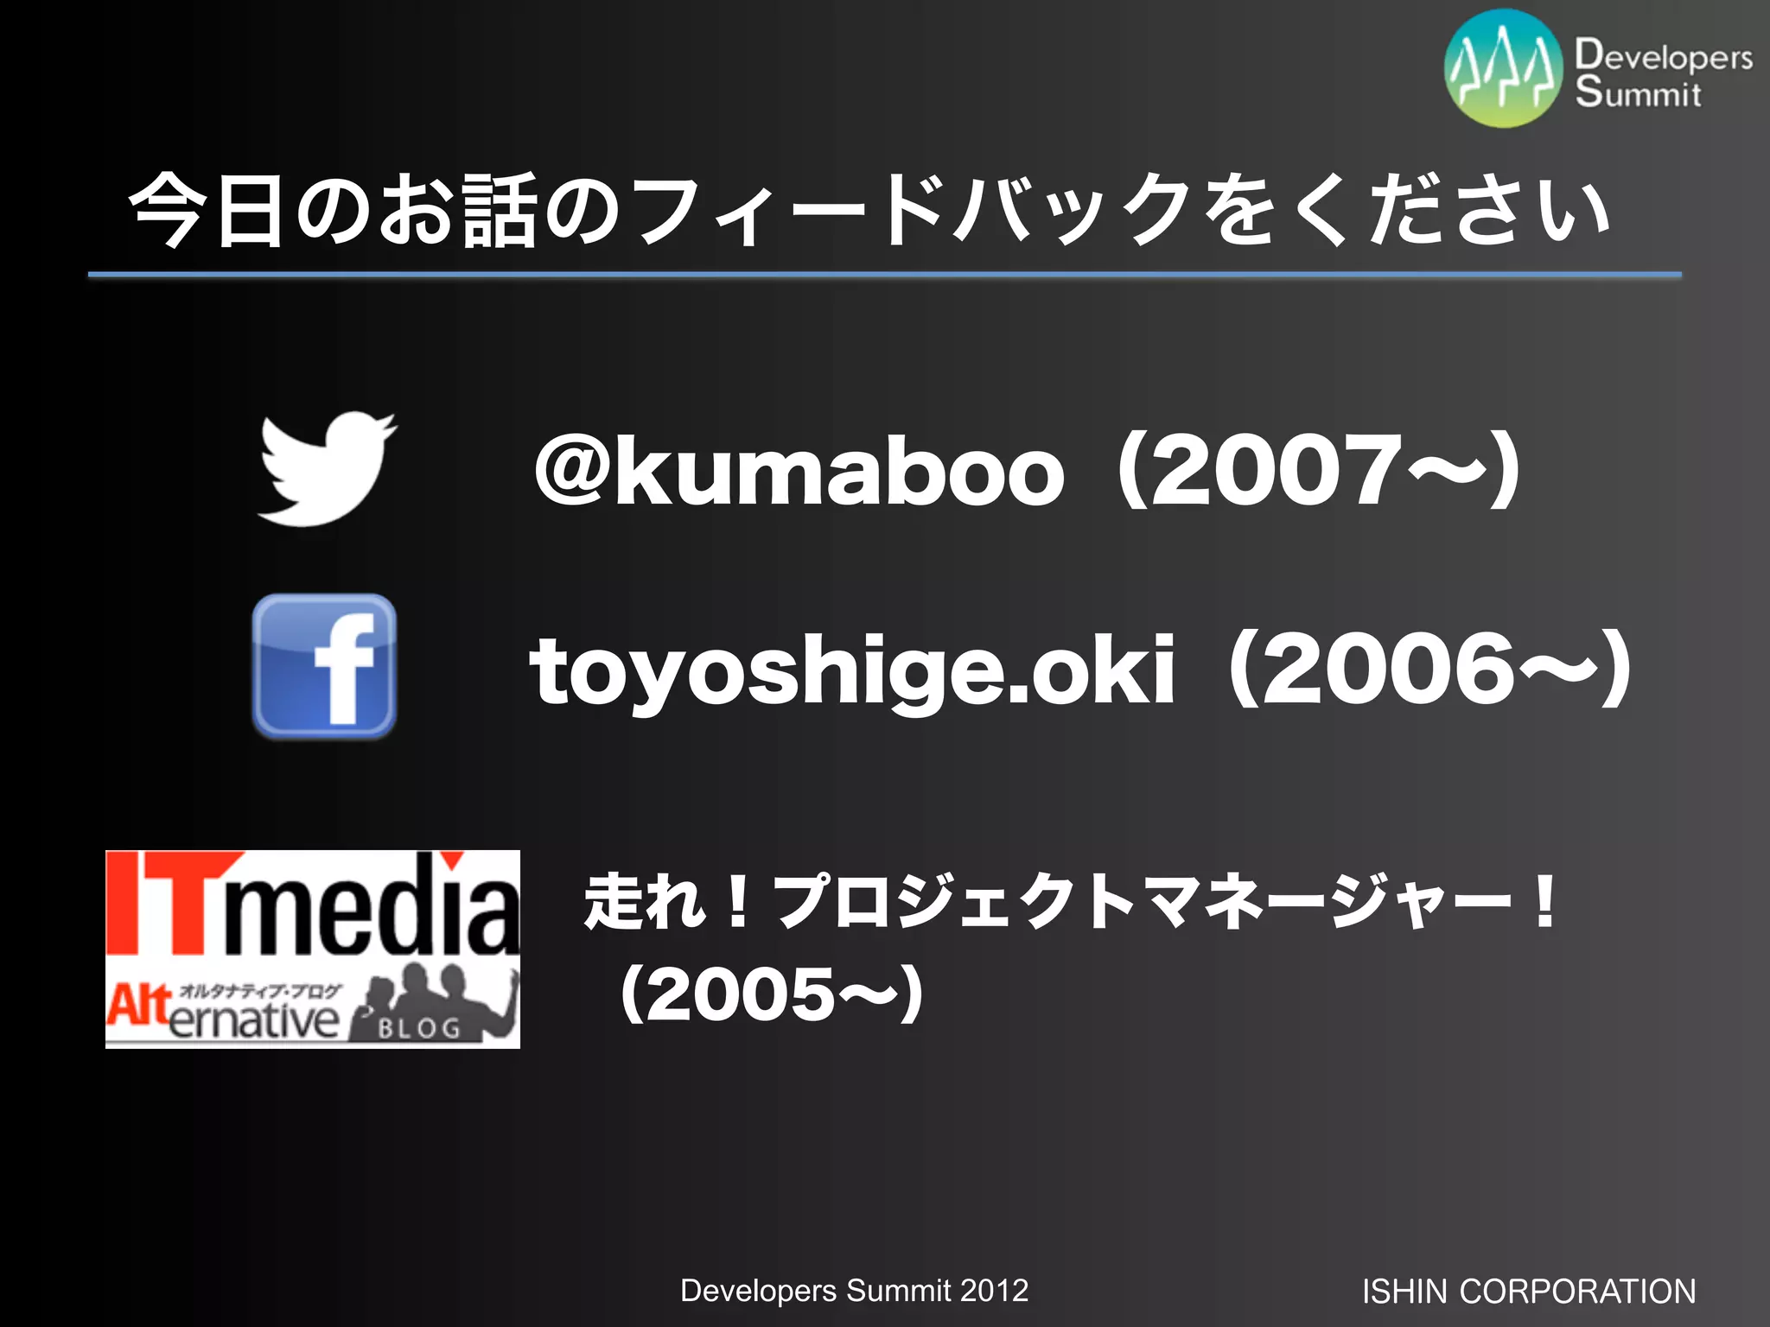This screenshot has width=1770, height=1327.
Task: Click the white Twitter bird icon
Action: click(x=327, y=468)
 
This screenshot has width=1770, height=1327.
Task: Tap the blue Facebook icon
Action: click(x=324, y=666)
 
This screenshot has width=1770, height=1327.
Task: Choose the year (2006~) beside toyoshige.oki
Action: click(x=1429, y=670)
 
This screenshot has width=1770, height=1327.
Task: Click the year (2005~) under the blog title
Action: click(x=772, y=994)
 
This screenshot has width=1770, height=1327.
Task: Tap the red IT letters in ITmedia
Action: click(x=164, y=903)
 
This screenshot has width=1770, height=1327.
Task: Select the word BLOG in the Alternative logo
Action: click(x=419, y=1028)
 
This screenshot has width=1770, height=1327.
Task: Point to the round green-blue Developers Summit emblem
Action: click(x=1503, y=69)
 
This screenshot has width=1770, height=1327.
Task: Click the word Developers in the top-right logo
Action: click(x=1663, y=55)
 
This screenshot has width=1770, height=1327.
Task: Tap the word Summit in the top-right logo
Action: click(x=1638, y=92)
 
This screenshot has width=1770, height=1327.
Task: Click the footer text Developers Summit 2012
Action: click(x=854, y=1291)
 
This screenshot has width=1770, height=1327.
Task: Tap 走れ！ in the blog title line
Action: click(x=665, y=902)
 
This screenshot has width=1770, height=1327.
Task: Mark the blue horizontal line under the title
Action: click(x=884, y=275)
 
